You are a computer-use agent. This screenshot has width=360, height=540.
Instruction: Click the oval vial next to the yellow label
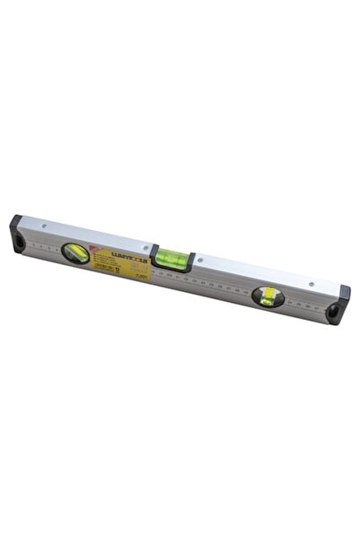coord(75,252)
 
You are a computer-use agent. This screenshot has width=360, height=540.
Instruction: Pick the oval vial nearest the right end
coord(268,296)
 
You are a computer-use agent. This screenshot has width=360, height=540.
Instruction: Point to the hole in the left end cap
coord(16,238)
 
